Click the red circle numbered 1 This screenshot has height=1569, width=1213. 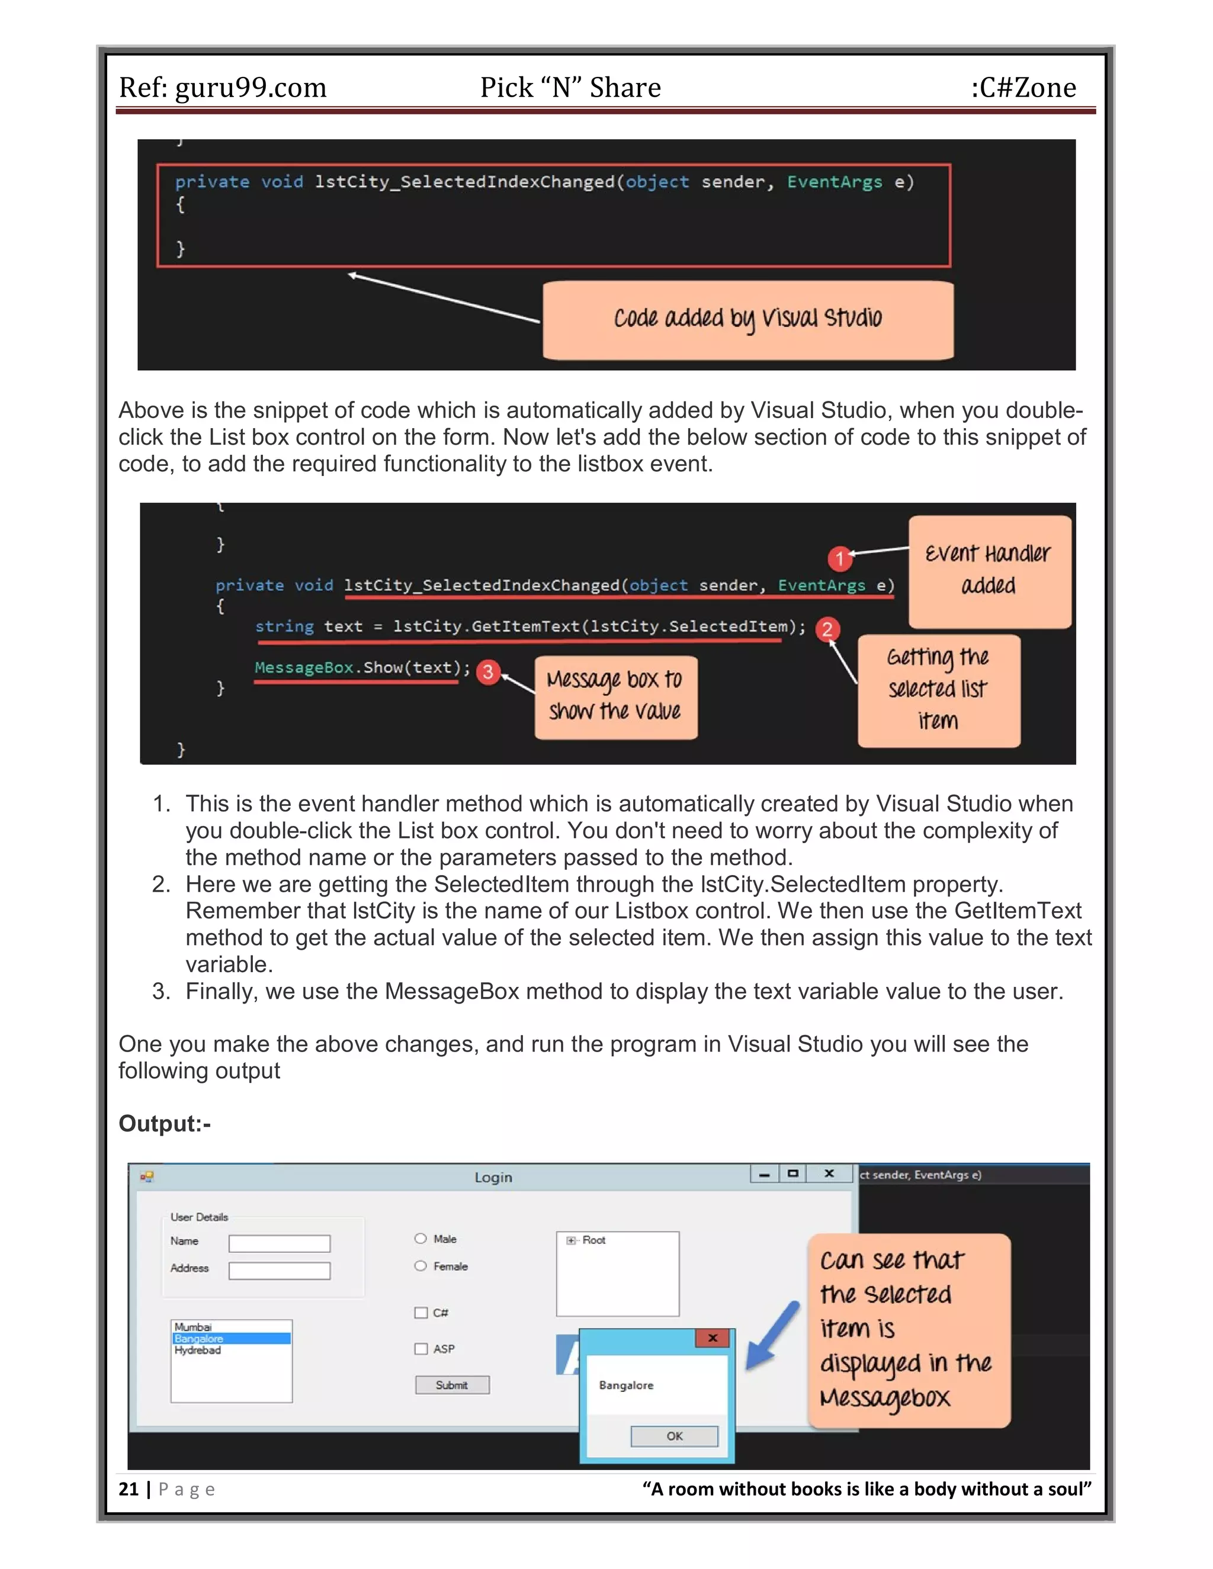(839, 558)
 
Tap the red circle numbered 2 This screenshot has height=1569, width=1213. (827, 629)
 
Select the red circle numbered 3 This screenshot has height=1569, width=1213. (488, 672)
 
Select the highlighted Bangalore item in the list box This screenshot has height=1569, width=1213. (230, 1339)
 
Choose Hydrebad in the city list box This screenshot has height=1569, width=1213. (198, 1350)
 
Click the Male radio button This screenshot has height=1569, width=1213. (421, 1238)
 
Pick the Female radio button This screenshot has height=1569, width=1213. (421, 1266)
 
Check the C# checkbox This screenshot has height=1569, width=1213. (421, 1313)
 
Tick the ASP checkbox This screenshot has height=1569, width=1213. (421, 1348)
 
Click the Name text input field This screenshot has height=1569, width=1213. (280, 1243)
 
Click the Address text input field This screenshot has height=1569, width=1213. (280, 1270)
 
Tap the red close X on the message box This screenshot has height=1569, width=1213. (712, 1337)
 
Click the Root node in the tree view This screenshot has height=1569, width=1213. (593, 1240)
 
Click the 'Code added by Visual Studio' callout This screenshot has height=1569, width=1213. (747, 320)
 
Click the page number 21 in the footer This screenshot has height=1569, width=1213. (129, 1489)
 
